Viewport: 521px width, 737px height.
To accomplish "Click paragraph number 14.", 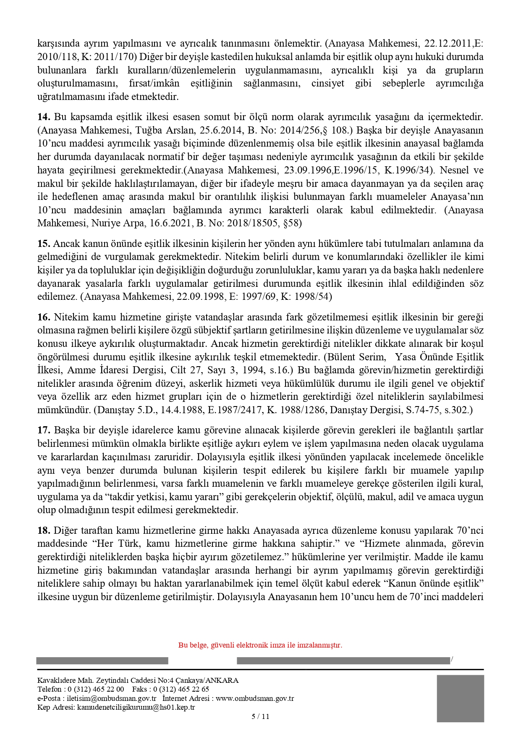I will [x=44, y=117].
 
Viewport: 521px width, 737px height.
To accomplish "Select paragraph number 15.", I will [x=44, y=244].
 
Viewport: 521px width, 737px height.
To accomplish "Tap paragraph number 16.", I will [x=44, y=317].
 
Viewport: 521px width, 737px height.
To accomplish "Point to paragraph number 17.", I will [x=44, y=430].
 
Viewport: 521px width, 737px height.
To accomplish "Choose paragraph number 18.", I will [x=44, y=530].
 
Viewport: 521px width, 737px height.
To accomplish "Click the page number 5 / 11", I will [x=260, y=716].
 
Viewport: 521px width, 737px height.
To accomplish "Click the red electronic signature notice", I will [x=260, y=645].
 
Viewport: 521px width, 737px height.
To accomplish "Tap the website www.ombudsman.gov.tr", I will [x=255, y=698].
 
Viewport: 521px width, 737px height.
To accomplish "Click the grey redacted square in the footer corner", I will [x=460, y=699].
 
